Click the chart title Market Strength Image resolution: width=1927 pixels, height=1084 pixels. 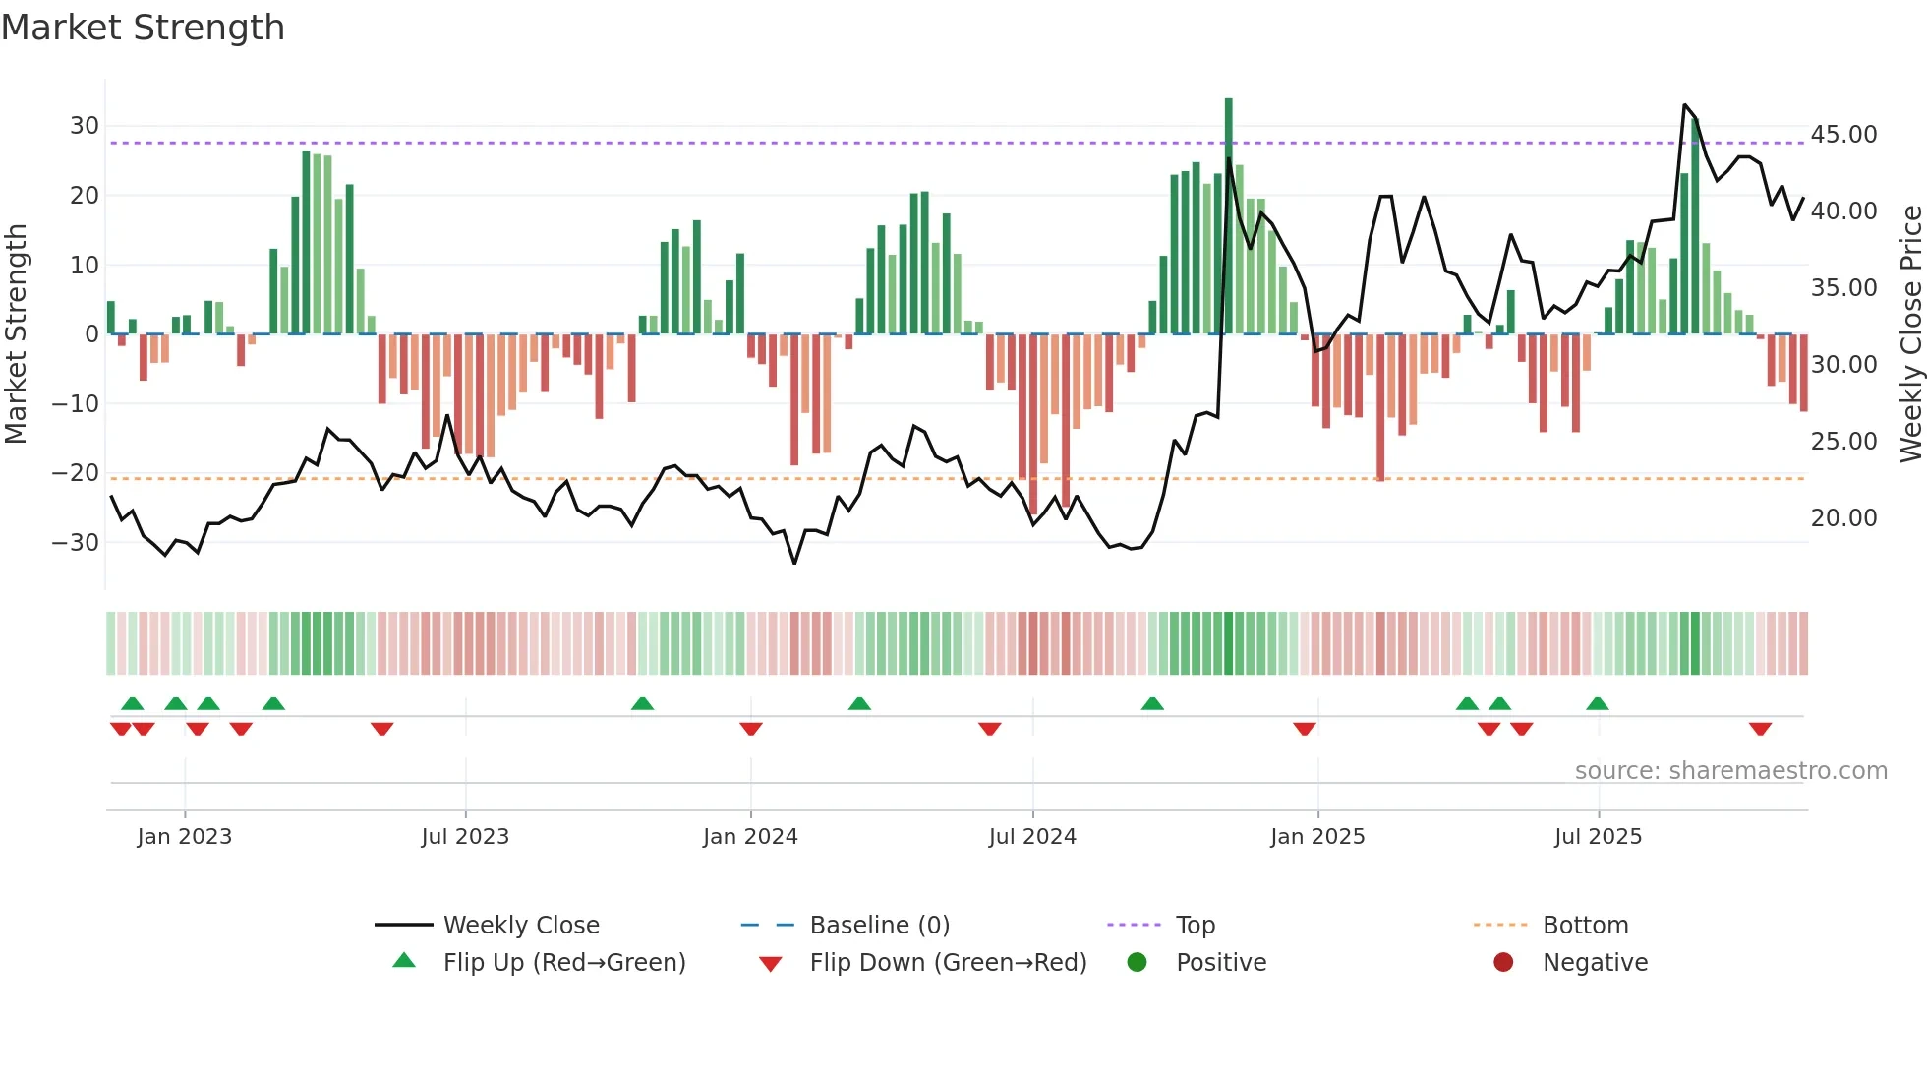tap(143, 28)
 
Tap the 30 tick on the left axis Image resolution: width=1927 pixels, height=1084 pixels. tap(84, 126)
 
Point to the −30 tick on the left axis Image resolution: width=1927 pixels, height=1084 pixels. tap(76, 542)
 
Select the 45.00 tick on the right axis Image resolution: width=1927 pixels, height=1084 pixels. tap(1843, 135)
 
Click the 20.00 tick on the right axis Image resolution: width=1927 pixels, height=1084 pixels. tap(1843, 518)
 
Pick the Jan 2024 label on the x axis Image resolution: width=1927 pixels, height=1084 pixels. tap(750, 837)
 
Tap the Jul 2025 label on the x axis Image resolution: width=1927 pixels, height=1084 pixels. tap(1598, 837)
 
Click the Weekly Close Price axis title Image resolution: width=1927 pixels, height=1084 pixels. tap(1910, 334)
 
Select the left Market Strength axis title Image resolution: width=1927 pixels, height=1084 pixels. tap(16, 334)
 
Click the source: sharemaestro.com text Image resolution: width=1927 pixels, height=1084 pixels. tap(1730, 771)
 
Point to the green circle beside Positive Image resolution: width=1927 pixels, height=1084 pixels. tap(1137, 963)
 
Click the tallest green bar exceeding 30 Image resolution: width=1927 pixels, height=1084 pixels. tap(1228, 216)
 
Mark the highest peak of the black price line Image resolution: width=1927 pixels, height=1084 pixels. tap(1684, 105)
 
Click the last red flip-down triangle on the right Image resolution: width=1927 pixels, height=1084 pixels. tap(1760, 729)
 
